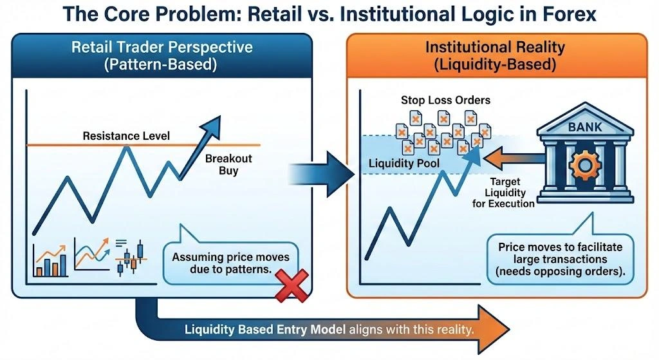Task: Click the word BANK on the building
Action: click(586, 127)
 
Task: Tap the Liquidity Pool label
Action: click(404, 164)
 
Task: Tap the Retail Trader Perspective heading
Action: click(162, 56)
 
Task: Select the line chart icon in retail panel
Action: click(91, 254)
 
